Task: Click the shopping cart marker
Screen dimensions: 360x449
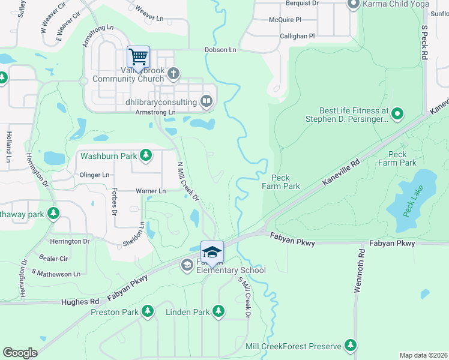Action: coord(139,58)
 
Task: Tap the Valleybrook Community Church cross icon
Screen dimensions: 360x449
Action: coord(173,74)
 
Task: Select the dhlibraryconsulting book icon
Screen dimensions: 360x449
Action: coord(206,101)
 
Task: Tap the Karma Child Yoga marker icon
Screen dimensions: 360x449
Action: coord(354,4)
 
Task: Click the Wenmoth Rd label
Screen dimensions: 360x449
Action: coord(358,272)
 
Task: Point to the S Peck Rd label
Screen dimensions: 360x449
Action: coord(424,42)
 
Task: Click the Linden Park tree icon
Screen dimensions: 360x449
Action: coord(218,311)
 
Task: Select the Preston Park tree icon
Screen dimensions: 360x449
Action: coord(146,311)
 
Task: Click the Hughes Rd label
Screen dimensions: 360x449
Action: coord(80,302)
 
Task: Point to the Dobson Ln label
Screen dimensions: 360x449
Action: coord(220,50)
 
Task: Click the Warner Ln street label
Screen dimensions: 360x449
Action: coord(151,191)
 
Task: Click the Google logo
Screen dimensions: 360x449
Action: coord(20,353)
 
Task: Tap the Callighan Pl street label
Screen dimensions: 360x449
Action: coord(297,36)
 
